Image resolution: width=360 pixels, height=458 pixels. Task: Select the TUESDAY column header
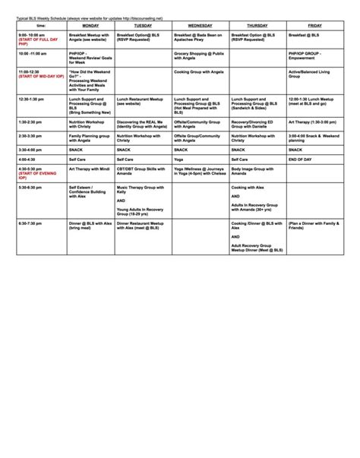[x=144, y=25]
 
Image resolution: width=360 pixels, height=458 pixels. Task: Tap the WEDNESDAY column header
[x=201, y=25]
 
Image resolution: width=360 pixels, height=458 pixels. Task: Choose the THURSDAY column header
[x=257, y=25]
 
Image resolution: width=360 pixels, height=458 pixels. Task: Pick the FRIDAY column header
[x=314, y=25]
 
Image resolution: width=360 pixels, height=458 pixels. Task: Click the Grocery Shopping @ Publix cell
[x=198, y=56]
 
